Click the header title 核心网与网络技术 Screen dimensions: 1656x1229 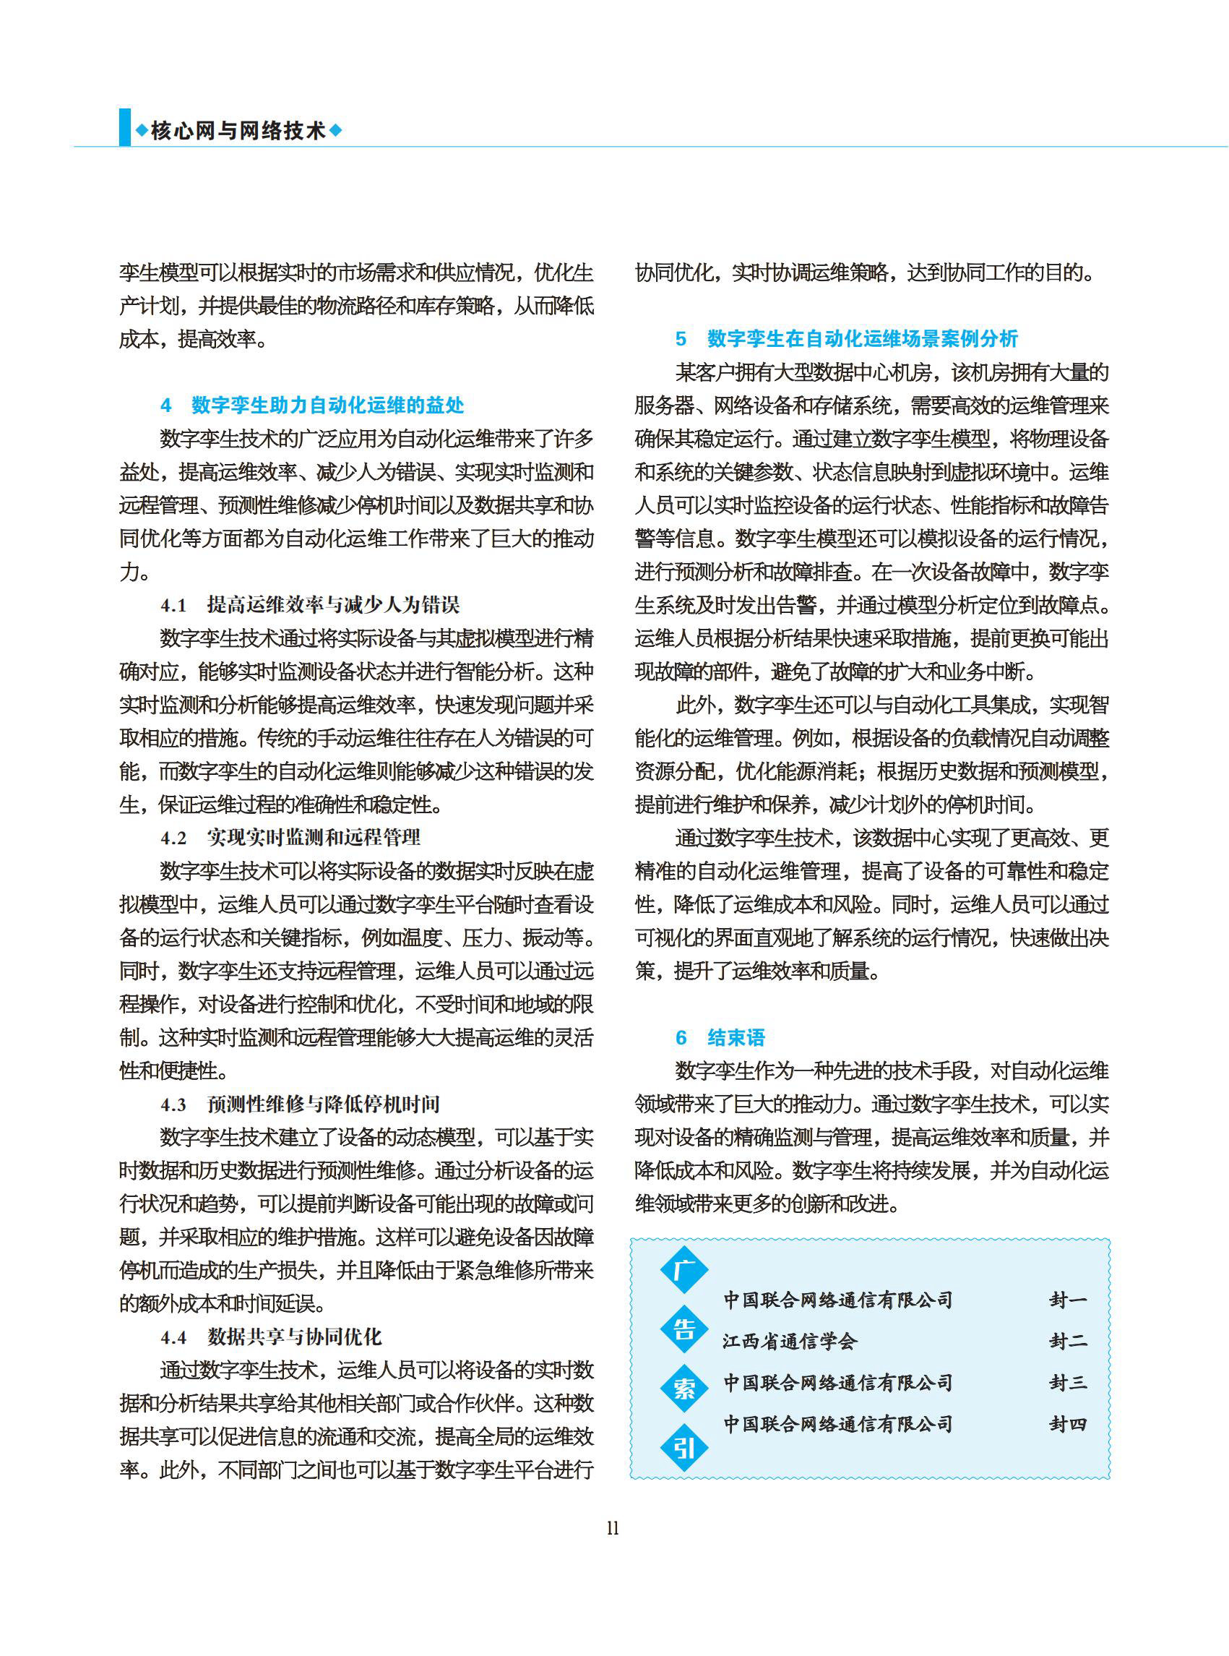tap(238, 131)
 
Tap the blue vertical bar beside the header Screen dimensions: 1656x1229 tap(124, 128)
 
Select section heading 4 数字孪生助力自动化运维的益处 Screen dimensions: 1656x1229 tap(312, 405)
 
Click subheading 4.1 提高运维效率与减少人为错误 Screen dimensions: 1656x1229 tap(310, 604)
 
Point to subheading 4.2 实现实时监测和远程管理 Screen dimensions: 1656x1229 tap(290, 837)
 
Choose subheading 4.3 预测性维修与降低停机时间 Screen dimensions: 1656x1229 tap(300, 1104)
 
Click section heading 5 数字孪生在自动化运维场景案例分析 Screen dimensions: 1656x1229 tap(847, 338)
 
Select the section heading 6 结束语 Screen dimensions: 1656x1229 tap(720, 1037)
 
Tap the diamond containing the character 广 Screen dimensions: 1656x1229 tap(684, 1269)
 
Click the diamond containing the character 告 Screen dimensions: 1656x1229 tap(684, 1329)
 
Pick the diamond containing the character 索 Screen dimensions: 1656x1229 tap(684, 1388)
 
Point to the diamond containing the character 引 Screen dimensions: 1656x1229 tap(684, 1448)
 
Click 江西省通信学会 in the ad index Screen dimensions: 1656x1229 tap(790, 1341)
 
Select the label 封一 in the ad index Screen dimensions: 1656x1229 tap(1069, 1300)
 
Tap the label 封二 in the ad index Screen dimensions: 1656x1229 tap(1069, 1341)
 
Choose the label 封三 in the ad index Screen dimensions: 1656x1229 tap(1069, 1383)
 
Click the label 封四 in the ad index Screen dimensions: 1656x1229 tap(1069, 1425)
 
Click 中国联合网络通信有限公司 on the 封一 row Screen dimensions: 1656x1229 tap(837, 1300)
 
